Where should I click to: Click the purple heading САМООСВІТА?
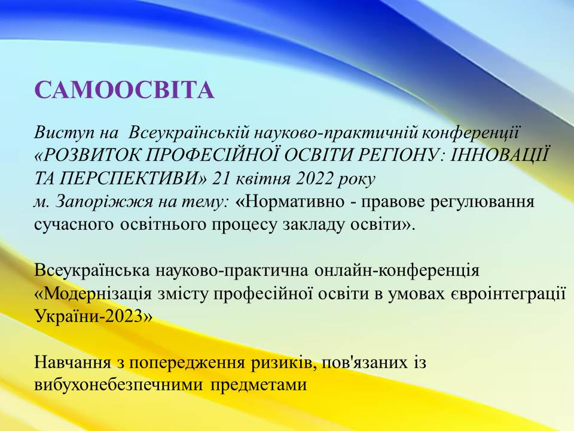124,90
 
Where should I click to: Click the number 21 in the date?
221,179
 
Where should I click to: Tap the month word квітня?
263,179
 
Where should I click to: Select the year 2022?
315,179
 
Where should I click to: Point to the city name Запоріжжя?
104,202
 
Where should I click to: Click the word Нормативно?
294,202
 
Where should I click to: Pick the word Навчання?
73,363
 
